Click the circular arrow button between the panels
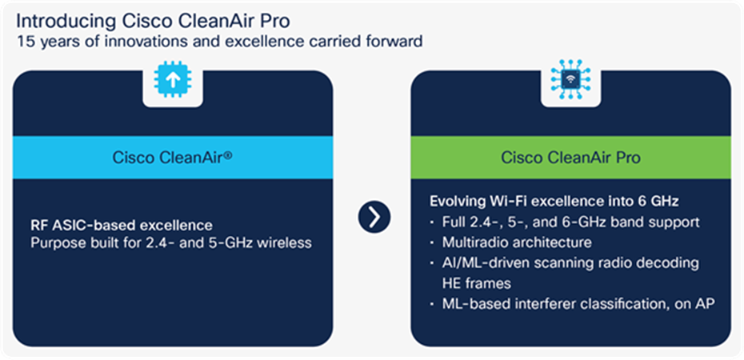[x=372, y=217]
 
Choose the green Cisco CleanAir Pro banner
[x=570, y=158]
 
